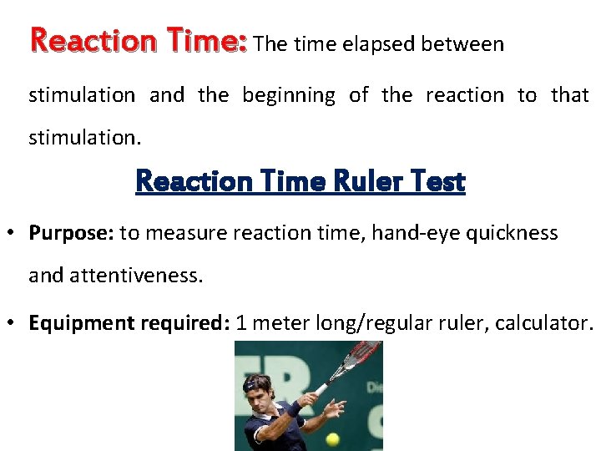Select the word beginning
pos(288,95)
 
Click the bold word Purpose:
pos(71,233)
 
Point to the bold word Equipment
pos(78,323)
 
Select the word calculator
pos(543,323)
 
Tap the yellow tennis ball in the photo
pos(332,438)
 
